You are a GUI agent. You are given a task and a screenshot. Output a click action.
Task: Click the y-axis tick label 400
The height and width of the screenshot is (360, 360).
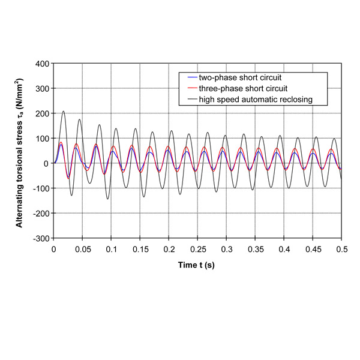point(42,63)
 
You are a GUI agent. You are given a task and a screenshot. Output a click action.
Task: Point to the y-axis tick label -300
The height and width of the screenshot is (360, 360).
point(41,238)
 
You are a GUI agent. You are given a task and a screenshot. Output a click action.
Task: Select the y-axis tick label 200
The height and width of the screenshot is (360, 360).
point(42,113)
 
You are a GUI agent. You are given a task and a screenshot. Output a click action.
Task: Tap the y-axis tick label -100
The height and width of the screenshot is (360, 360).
point(41,188)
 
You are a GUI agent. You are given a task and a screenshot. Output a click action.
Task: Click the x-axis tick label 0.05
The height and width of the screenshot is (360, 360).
point(82,248)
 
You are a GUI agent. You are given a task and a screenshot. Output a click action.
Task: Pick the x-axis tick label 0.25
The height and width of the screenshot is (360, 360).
point(197,248)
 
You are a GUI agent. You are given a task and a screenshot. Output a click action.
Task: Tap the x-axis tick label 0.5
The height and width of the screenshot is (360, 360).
point(341,248)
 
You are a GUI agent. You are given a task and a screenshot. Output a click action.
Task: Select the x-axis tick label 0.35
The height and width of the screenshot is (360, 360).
point(255,248)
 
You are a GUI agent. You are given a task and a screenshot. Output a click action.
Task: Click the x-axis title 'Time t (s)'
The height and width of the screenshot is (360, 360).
point(197,264)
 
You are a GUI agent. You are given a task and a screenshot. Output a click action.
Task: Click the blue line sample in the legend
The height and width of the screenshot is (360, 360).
point(191,78)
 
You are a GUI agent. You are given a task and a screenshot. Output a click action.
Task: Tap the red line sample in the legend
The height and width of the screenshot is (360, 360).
point(191,88)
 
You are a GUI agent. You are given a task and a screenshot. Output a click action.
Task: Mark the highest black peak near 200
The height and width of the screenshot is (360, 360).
point(64,111)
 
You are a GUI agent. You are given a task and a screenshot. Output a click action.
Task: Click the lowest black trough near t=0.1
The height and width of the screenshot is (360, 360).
point(108,199)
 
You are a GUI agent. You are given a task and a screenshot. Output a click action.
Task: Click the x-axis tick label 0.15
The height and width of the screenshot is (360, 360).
point(140,248)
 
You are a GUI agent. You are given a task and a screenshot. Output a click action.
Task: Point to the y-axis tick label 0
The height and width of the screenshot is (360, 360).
point(46,163)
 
